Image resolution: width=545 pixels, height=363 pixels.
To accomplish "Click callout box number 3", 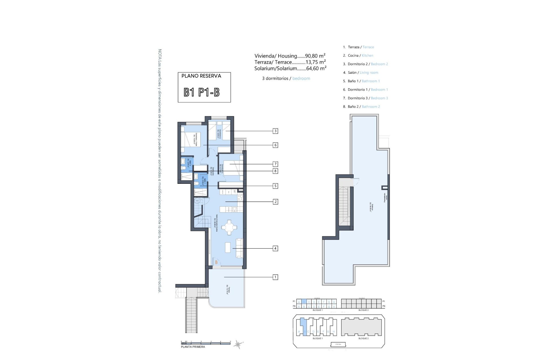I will coord(275,131).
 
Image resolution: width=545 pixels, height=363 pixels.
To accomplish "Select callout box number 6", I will coord(275,145).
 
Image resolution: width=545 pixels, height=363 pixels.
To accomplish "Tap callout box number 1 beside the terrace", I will coord(275,277).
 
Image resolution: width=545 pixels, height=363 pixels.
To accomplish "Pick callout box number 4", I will coord(275,248).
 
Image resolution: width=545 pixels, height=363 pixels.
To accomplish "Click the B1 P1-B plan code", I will coord(202,92).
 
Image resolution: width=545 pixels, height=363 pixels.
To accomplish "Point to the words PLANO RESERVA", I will coord(201,76).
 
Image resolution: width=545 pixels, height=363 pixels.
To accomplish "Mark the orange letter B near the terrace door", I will coord(216,262).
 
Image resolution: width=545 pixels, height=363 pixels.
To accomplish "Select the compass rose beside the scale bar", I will coord(238,344).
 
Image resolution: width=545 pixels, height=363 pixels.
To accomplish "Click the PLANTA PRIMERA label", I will coord(193,347).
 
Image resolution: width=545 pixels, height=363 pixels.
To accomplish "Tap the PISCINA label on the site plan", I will coord(338,344).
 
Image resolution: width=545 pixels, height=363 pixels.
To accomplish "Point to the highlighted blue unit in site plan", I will coord(304,326).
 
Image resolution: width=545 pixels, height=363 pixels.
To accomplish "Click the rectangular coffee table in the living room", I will coord(228,247).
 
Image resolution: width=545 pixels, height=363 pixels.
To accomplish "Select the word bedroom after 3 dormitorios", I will coord(301,79).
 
